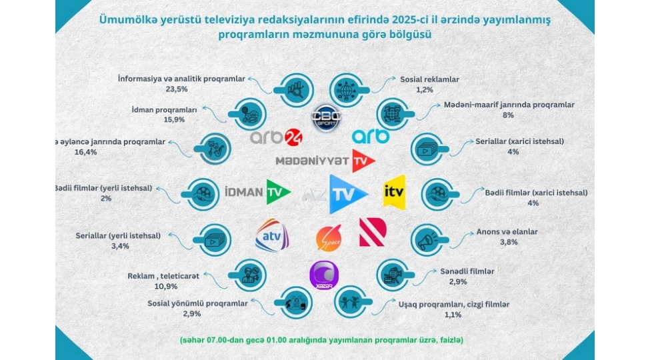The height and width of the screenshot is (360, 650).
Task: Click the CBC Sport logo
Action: pos(327,119)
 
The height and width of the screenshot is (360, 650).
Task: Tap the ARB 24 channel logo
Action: pos(277,136)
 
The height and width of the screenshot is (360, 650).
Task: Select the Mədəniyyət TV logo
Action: pos(326,161)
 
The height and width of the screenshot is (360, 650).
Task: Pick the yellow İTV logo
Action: pos(394,192)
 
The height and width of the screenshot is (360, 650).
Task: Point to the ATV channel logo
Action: pos(271,235)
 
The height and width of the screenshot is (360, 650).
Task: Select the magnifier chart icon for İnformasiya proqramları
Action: pos(293,90)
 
